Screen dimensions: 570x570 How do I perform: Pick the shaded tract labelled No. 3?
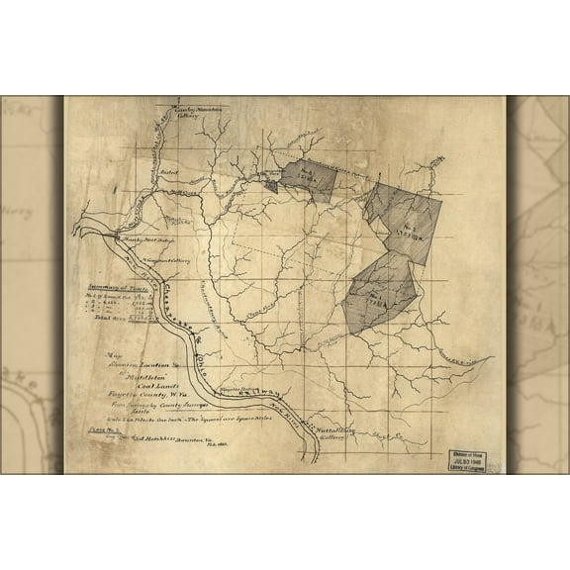[x=309, y=177]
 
